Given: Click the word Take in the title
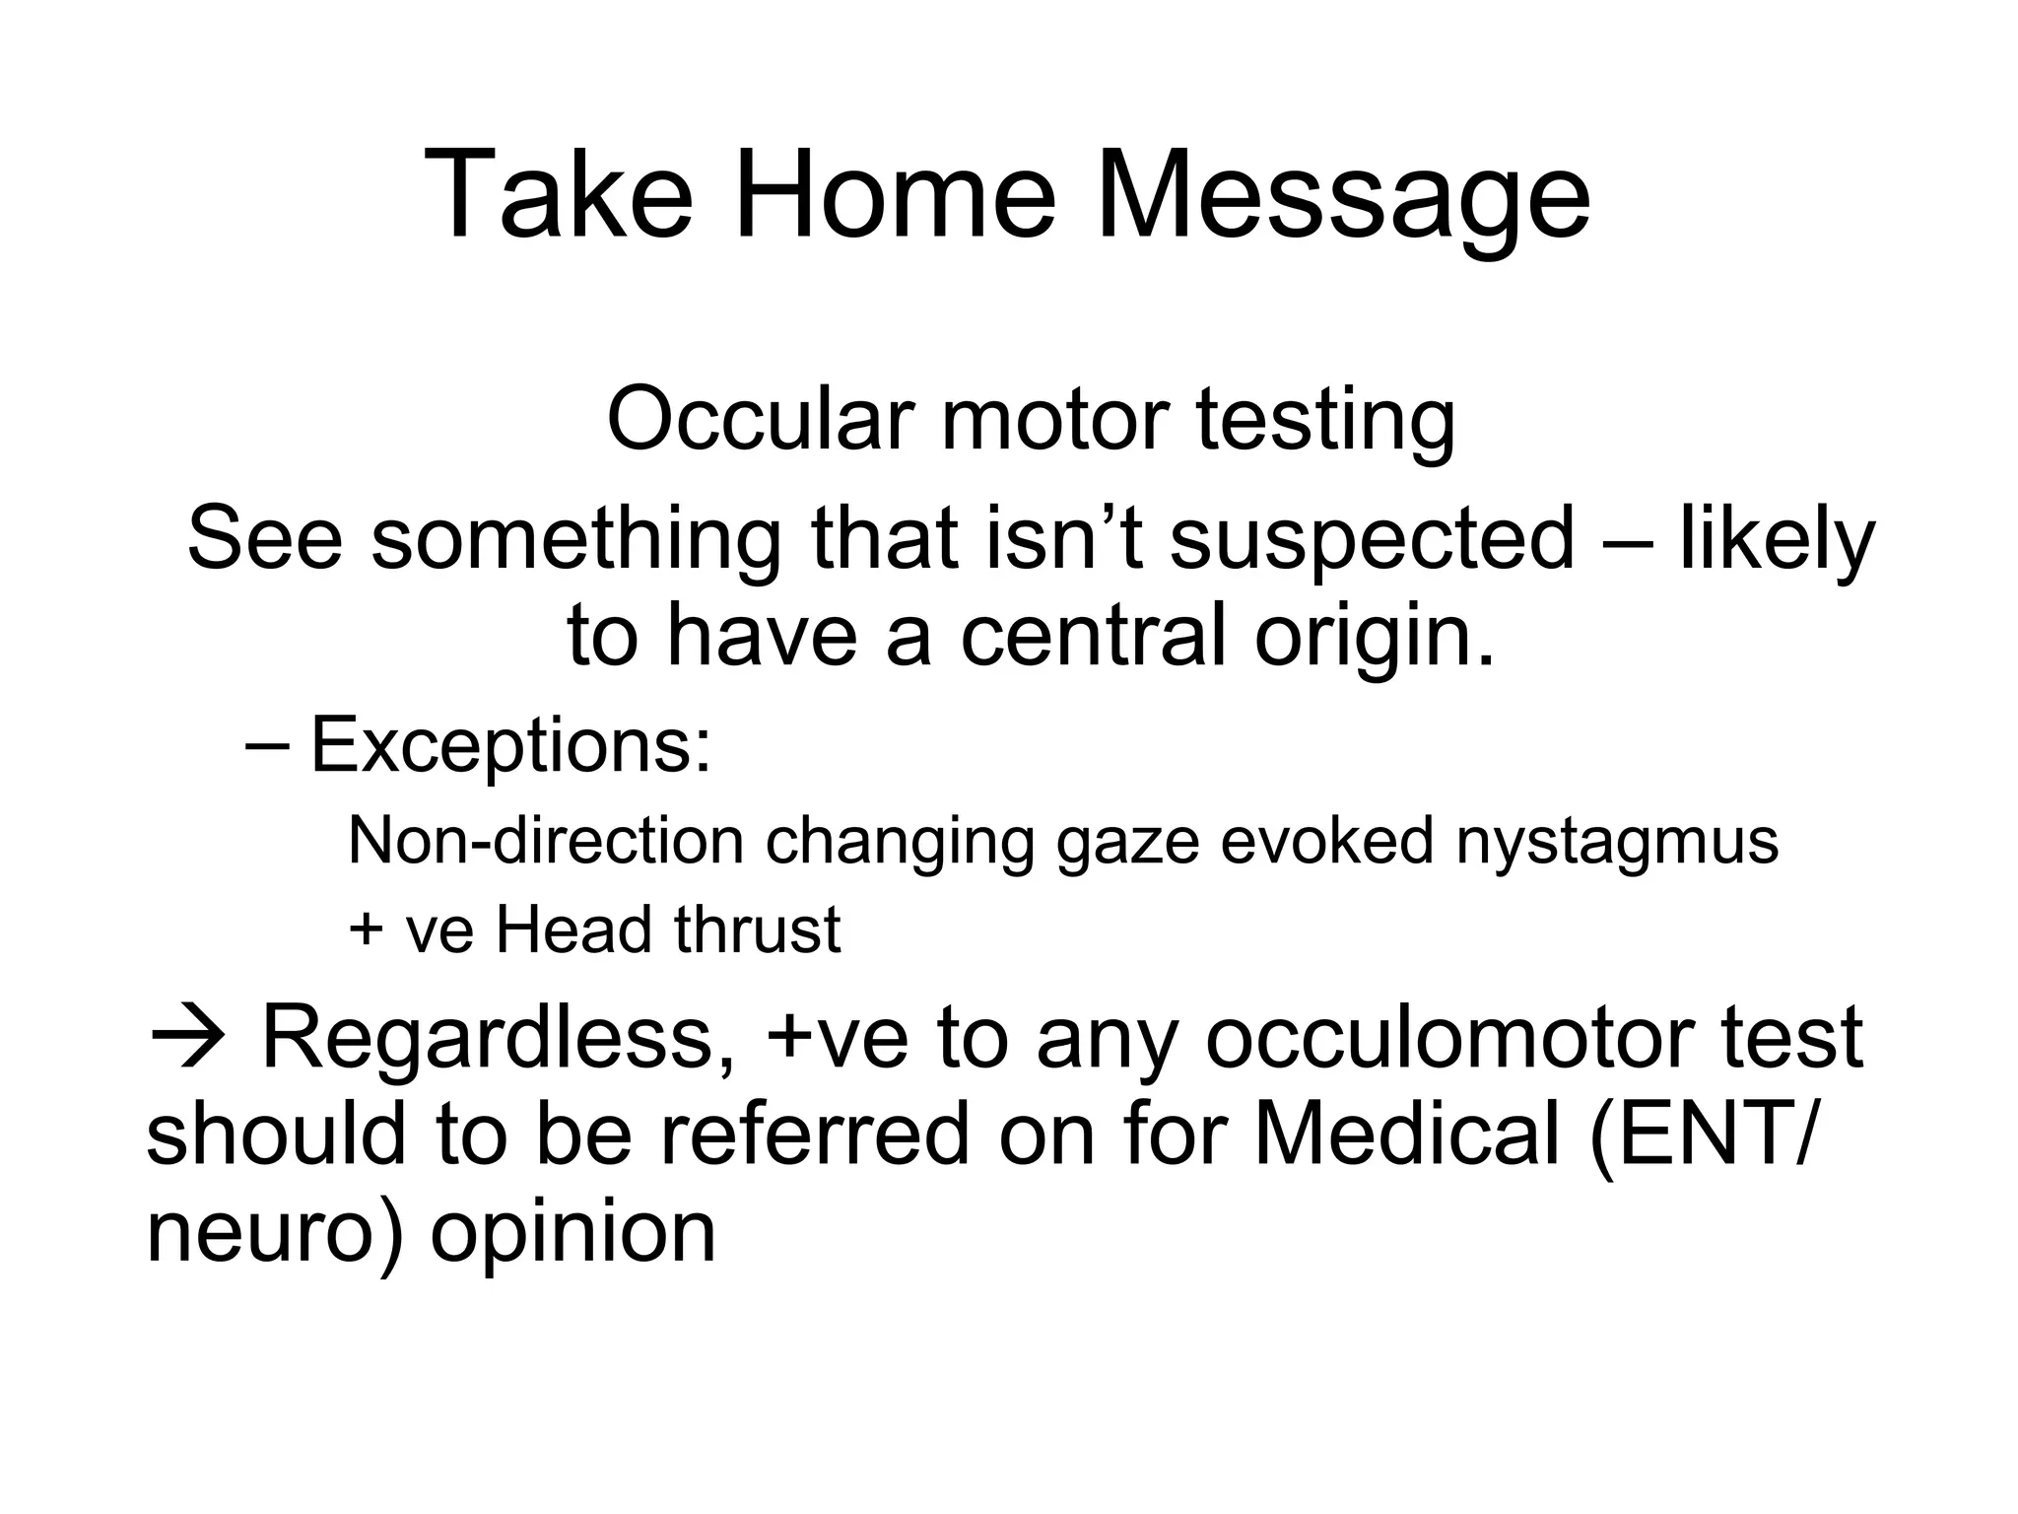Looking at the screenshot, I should point(558,194).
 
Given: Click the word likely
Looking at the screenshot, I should point(1777,540).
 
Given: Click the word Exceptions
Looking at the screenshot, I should point(510,747).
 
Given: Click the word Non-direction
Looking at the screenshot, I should point(546,841).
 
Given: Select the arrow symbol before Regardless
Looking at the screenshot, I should point(188,1038).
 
